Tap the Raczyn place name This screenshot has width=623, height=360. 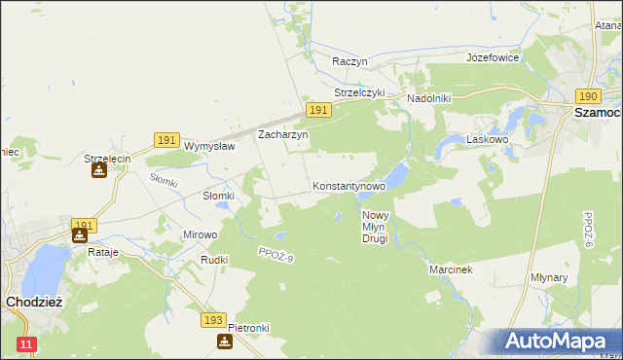pyautogui.click(x=349, y=61)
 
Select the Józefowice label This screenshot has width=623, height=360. pyautogui.click(x=493, y=57)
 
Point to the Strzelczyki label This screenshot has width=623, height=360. pyautogui.click(x=360, y=92)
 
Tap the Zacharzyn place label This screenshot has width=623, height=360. pyautogui.click(x=282, y=134)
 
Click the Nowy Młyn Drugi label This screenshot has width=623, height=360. pyautogui.click(x=376, y=227)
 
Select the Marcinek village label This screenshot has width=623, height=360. pyautogui.click(x=451, y=270)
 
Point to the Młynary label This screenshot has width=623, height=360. pyautogui.click(x=577, y=277)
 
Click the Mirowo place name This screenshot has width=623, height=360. pyautogui.click(x=201, y=234)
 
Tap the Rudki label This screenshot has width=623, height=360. pyautogui.click(x=214, y=260)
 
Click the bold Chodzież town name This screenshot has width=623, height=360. pyautogui.click(x=34, y=302)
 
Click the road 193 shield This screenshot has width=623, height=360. pyautogui.click(x=215, y=319)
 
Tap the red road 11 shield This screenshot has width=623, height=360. pyautogui.click(x=26, y=344)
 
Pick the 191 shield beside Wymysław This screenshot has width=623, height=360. pyautogui.click(x=165, y=141)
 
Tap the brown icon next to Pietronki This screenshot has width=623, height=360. pyautogui.click(x=226, y=342)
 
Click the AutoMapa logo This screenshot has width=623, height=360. pyautogui.click(x=557, y=342)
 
